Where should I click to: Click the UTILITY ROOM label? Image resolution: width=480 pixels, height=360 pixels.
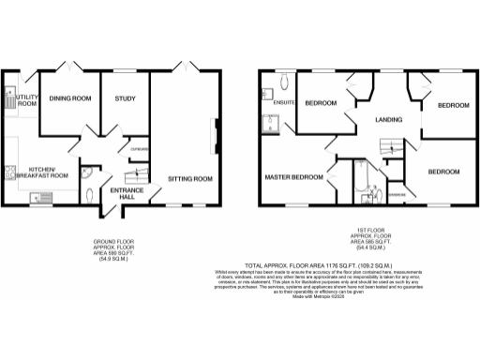(25, 100)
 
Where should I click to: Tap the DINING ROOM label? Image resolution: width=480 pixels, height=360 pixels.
(70, 98)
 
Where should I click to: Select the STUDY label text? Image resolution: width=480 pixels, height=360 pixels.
(125, 98)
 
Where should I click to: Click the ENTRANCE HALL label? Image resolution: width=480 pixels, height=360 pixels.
(127, 194)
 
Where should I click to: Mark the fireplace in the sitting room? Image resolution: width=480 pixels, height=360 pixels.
(218, 134)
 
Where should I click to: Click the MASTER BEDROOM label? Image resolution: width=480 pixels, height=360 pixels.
(293, 177)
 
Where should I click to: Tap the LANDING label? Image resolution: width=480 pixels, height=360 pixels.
(388, 120)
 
